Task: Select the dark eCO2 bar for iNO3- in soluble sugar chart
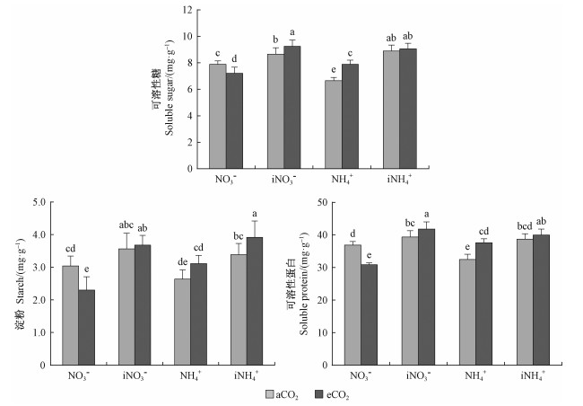(292, 108)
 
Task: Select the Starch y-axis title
(16, 283)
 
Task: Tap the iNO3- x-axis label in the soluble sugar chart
(283, 179)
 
